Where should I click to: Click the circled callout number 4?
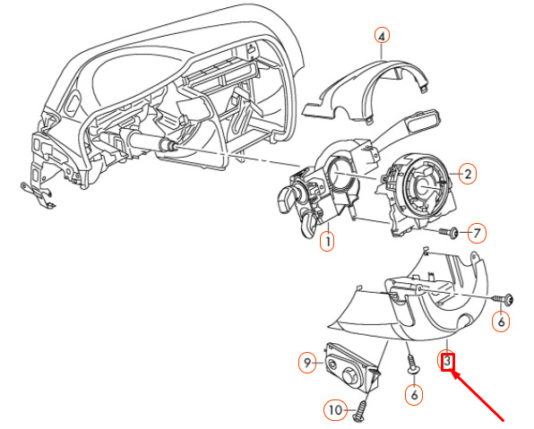[x=382, y=36]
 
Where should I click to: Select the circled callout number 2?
[x=468, y=174]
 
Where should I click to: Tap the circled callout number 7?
[x=477, y=233]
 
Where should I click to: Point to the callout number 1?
[x=327, y=242]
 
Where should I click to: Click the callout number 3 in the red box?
[x=448, y=362]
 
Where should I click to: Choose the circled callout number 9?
[x=307, y=363]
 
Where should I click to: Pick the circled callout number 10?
[x=335, y=410]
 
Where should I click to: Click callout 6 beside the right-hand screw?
[x=501, y=322]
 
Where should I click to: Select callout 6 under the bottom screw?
[x=414, y=395]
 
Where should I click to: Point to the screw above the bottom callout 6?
[x=413, y=365]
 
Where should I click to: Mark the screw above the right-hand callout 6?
[x=503, y=300]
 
